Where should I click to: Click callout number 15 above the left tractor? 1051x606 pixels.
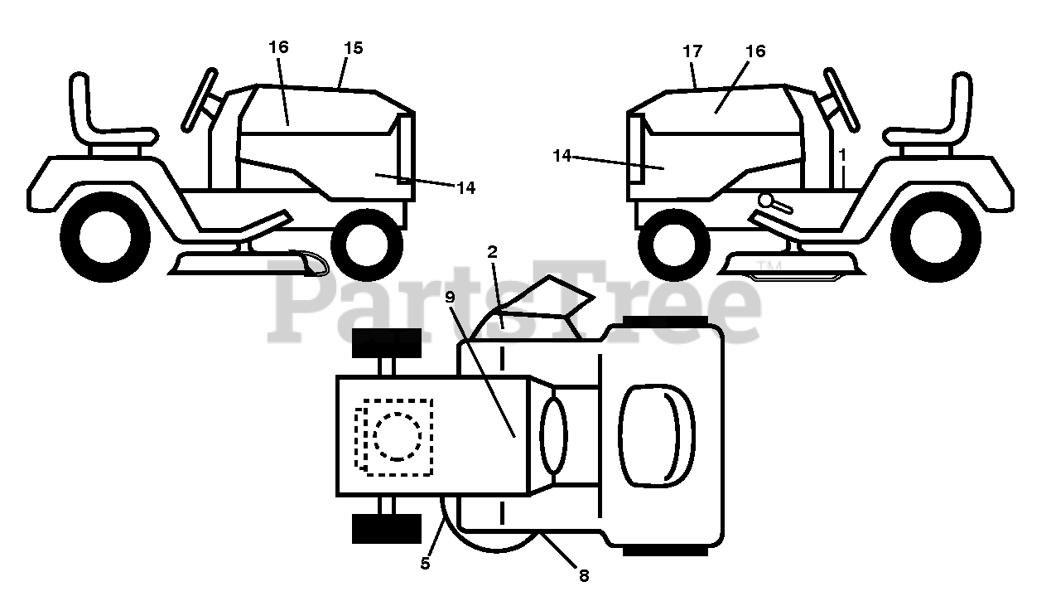tap(353, 48)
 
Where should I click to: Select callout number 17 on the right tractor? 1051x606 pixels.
tap(692, 51)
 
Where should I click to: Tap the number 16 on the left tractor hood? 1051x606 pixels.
tap(278, 46)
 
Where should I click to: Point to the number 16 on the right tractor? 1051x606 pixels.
tap(755, 51)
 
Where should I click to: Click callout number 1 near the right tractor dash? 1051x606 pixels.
tap(842, 154)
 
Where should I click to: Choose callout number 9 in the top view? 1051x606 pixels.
tap(451, 295)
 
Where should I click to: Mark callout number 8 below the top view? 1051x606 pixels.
tap(584, 575)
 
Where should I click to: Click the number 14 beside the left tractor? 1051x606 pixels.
tap(465, 188)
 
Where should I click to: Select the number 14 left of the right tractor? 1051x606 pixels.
tap(562, 155)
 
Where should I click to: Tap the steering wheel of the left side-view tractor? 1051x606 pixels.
tap(201, 99)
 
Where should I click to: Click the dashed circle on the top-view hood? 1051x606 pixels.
tap(398, 436)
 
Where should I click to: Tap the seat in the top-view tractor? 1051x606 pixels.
tap(657, 434)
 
